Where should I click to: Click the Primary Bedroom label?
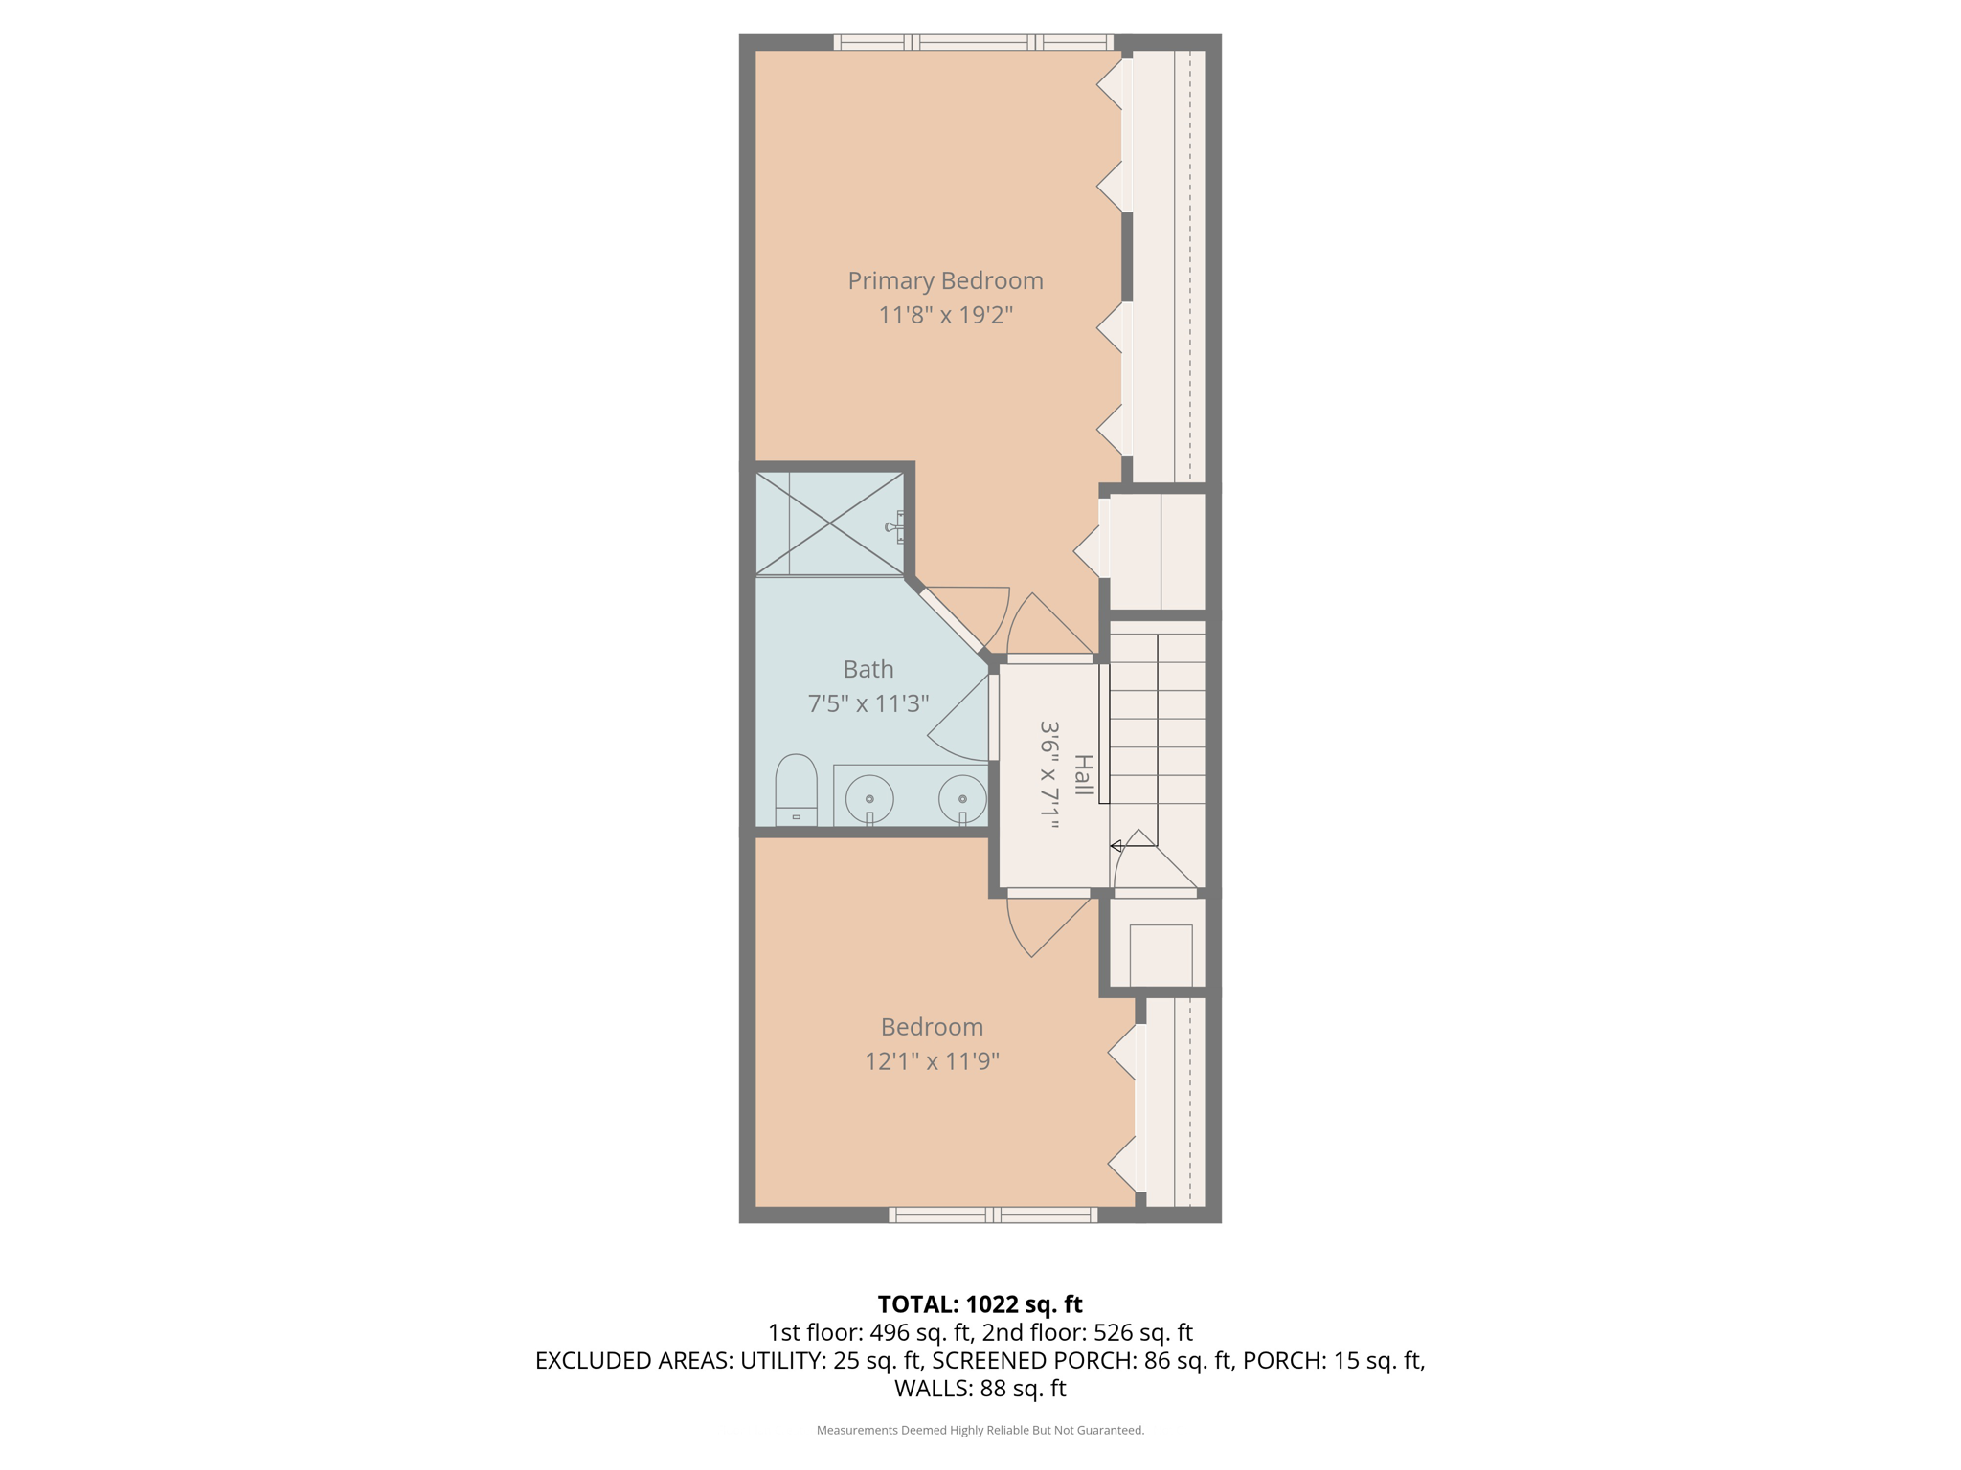945,280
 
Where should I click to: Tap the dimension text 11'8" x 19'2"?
945,315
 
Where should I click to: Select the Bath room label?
868,669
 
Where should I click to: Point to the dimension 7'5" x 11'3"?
868,703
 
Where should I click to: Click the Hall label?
1082,775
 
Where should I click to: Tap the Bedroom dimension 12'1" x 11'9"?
932,1060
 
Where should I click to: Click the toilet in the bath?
796,790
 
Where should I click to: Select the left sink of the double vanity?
869,798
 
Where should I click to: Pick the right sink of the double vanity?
962,798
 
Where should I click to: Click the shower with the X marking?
829,523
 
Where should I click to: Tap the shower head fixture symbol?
895,526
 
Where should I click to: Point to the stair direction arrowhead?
1116,846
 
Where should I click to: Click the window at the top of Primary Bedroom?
974,42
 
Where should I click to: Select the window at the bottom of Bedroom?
993,1214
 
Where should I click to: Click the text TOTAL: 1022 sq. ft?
980,1304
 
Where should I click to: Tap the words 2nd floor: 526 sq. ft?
1087,1332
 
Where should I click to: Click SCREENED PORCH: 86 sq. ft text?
1082,1360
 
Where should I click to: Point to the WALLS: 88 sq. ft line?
980,1388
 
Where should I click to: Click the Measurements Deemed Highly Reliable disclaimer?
980,1430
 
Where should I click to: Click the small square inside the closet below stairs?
1161,954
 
